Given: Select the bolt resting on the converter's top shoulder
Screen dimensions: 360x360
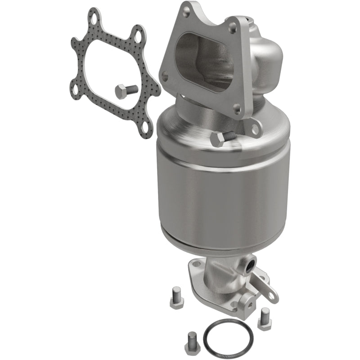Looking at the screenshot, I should click(222, 138).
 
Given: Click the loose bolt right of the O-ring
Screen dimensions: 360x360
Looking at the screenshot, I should click(264, 318).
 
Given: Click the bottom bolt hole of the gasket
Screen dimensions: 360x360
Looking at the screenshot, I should click(144, 127).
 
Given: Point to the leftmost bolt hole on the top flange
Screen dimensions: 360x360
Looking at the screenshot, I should click(165, 77).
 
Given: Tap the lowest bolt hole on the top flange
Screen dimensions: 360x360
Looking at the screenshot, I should click(236, 109).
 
